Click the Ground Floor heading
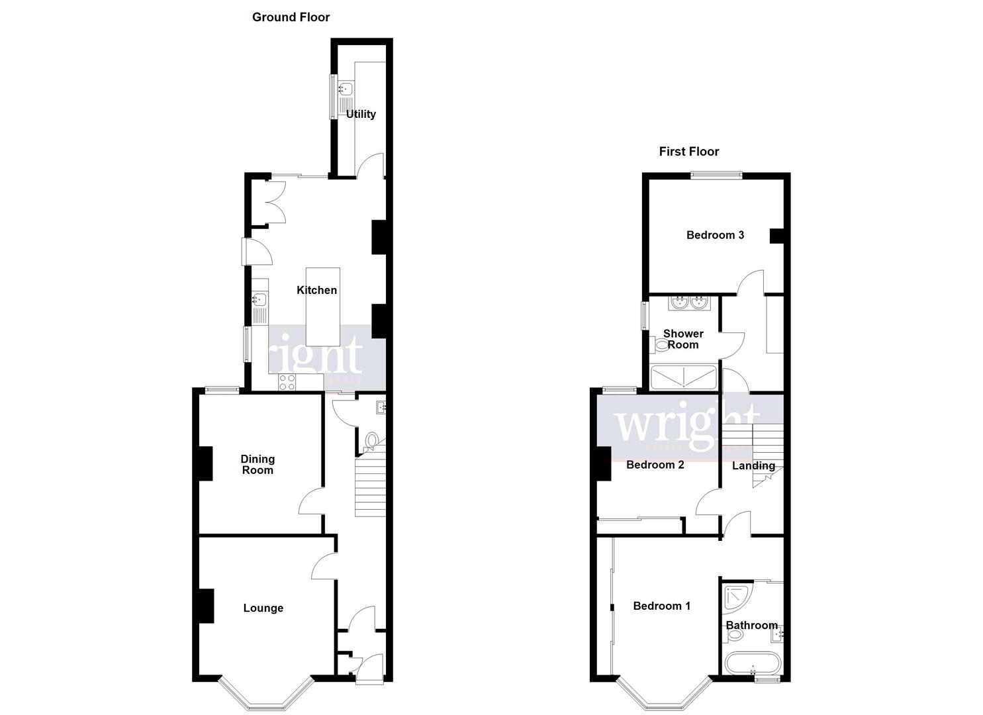click(291, 17)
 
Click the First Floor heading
click(688, 152)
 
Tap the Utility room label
click(361, 114)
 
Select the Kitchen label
click(316, 290)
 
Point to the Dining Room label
click(257, 464)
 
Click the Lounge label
click(263, 608)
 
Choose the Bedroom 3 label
click(715, 235)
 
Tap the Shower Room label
click(683, 339)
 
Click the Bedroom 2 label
click(655, 465)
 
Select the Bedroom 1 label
click(661, 606)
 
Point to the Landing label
click(753, 465)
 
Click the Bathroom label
click(751, 625)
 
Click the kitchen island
click(323, 306)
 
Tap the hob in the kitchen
click(287, 382)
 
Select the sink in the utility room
click(345, 89)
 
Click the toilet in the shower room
click(661, 344)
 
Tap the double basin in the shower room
click(690, 303)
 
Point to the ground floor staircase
click(369, 487)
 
